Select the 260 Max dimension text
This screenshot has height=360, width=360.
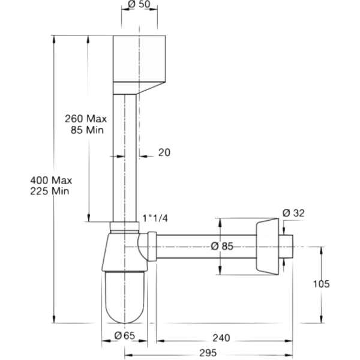tap(86, 119)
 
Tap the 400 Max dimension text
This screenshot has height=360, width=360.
tap(53, 179)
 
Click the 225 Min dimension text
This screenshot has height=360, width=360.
tap(53, 191)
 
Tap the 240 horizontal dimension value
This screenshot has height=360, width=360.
tap(222, 337)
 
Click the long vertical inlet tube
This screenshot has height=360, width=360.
tap(127, 156)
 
